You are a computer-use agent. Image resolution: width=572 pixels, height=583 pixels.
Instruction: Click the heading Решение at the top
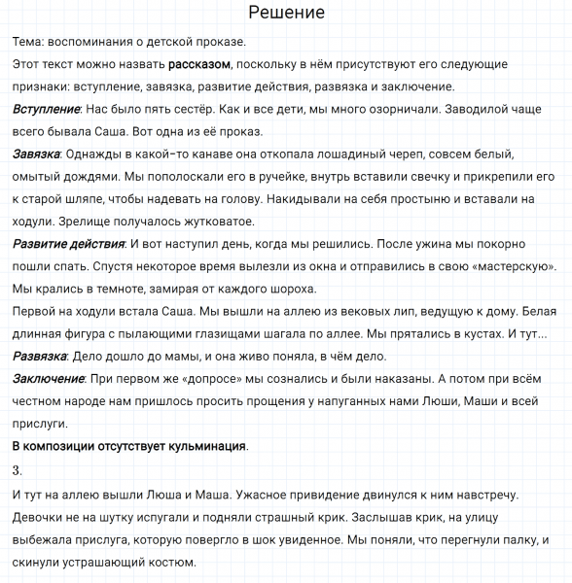pyautogui.click(x=286, y=13)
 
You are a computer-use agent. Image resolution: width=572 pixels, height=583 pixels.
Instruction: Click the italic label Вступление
pyautogui.click(x=47, y=109)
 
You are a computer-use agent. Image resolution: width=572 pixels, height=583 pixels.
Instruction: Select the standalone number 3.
pyautogui.click(x=18, y=470)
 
